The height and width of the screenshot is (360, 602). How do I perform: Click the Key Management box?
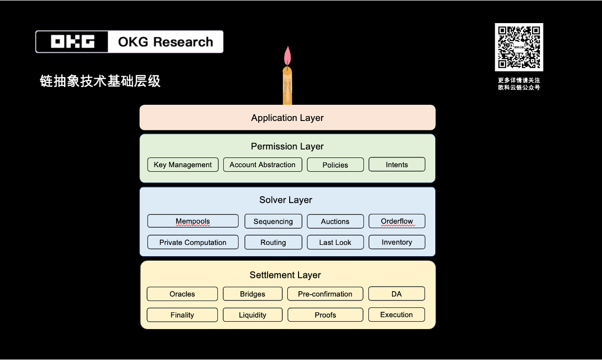[x=182, y=165]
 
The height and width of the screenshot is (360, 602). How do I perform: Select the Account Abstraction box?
[x=263, y=165]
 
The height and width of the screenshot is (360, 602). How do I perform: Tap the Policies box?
[x=335, y=165]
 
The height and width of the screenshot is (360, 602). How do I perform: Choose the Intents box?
[x=397, y=165]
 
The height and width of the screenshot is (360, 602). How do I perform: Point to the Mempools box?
[x=193, y=221]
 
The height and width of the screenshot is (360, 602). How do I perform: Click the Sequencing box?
[x=273, y=221]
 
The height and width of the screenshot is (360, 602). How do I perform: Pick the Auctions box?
[x=335, y=221]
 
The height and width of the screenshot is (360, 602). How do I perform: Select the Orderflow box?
[x=397, y=221]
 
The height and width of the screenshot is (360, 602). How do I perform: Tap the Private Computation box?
[x=193, y=242]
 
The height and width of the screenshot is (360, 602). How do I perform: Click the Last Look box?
[x=335, y=242]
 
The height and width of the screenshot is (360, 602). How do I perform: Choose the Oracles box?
[x=182, y=294]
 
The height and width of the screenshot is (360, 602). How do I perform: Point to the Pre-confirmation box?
[x=325, y=294]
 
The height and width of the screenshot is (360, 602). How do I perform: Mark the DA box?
[x=396, y=294]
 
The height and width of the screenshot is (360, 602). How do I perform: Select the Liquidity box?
[x=253, y=315]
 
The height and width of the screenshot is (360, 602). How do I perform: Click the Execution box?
[x=396, y=315]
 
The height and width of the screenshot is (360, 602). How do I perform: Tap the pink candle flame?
[x=287, y=56]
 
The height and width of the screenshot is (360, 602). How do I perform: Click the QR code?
[x=519, y=47]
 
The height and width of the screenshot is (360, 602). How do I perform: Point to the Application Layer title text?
[x=287, y=118]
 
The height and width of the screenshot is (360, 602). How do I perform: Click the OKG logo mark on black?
[x=72, y=42]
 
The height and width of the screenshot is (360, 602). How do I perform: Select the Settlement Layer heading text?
[x=285, y=275]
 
